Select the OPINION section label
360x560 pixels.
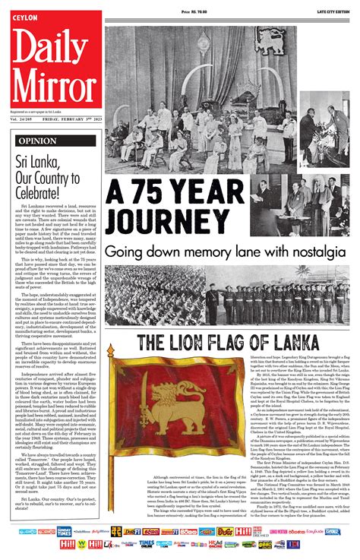coord(36,141)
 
